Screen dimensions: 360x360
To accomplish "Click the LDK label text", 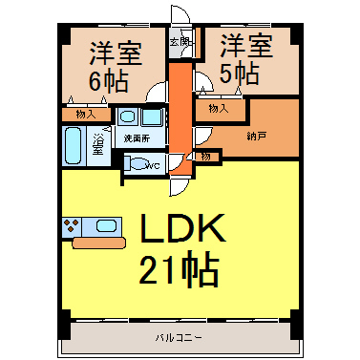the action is tap(182, 228).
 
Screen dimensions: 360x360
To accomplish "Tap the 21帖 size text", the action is tap(179, 268).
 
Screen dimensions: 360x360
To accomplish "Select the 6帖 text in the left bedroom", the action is tap(108, 80).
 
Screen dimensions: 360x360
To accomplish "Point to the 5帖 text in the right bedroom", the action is tap(240, 73).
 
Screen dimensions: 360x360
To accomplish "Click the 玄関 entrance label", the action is tap(180, 41).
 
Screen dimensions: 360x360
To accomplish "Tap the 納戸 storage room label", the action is tap(256, 137).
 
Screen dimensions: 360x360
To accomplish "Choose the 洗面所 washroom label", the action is tap(137, 138).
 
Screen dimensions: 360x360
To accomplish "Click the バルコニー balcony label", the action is tap(179, 337).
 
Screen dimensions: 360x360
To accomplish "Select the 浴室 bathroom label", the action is tap(98, 144).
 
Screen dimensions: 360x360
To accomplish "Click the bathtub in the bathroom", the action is tap(74, 145).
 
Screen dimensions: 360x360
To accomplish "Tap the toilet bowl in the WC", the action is tap(139, 164).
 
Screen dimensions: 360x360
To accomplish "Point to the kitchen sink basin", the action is tap(106, 226).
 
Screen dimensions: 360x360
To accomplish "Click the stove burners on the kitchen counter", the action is tap(72, 226).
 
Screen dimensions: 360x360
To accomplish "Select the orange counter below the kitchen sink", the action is tap(99, 243).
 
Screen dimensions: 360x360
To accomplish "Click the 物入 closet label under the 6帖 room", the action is tap(86, 115).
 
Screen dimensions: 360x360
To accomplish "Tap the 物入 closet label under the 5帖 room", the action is tap(219, 109).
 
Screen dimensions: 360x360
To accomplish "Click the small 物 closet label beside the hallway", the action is tap(205, 157).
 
